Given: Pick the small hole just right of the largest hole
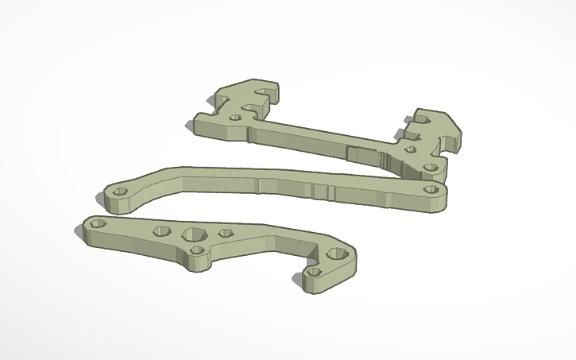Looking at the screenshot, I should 225,234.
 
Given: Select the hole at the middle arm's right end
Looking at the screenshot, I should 431,190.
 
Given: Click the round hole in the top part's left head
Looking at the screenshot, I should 235,117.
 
